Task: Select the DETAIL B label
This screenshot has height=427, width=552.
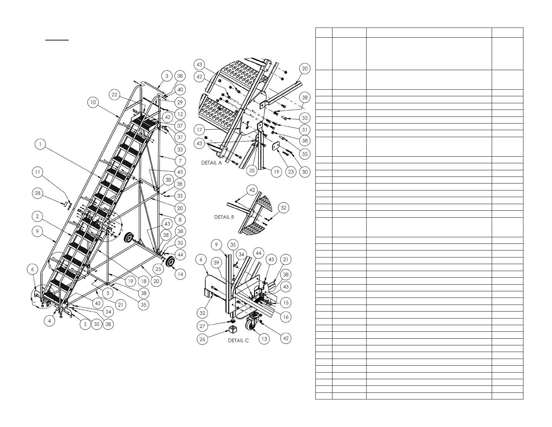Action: click(224, 217)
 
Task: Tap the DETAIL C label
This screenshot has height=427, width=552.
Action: click(238, 340)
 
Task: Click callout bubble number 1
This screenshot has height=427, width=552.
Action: click(41, 144)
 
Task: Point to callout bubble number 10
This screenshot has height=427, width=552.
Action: click(93, 103)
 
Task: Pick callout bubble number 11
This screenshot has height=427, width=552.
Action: click(38, 172)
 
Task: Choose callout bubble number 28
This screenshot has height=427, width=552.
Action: click(38, 193)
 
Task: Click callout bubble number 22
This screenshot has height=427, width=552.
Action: click(115, 95)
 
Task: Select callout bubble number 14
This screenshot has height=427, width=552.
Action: click(180, 274)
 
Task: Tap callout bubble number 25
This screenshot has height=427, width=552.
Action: click(158, 269)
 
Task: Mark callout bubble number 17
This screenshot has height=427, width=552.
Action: click(199, 130)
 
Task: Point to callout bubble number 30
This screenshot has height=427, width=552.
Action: click(305, 172)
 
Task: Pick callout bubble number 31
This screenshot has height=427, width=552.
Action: click(305, 130)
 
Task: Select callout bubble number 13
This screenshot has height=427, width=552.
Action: click(264, 339)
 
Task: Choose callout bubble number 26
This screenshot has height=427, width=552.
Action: click(202, 339)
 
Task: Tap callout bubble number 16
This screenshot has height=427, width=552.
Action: click(286, 317)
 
